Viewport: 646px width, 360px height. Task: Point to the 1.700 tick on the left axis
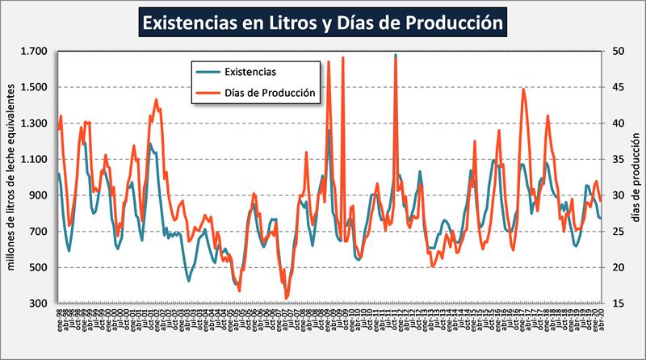coord(36,52)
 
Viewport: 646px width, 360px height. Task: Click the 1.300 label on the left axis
coord(36,123)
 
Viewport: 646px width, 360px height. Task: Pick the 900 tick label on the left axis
coord(40,195)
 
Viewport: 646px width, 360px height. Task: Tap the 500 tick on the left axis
coord(40,268)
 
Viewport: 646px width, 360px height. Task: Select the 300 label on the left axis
coord(40,303)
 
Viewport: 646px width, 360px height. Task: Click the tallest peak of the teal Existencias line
coord(395,55)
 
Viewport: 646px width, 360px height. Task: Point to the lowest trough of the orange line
coord(287,299)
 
